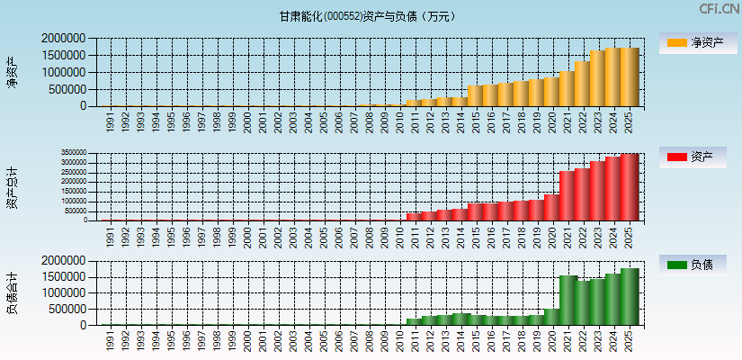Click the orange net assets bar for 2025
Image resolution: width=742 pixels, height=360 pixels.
[x=629, y=77]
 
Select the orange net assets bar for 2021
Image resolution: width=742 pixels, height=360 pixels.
[x=567, y=89]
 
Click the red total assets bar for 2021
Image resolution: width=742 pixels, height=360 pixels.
[x=567, y=195]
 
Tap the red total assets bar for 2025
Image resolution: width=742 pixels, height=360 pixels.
[x=629, y=187]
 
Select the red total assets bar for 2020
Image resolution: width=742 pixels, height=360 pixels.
[x=551, y=207]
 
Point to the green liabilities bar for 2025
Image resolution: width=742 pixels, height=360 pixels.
[x=629, y=296]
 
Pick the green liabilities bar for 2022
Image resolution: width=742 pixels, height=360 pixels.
[x=583, y=302]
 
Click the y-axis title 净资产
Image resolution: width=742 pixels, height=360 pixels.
[x=13, y=72]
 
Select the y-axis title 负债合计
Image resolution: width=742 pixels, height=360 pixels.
[x=13, y=292]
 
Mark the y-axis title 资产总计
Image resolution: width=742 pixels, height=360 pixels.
[x=13, y=186]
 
